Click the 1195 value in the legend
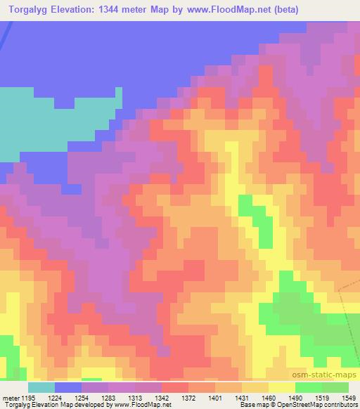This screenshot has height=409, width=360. [x=29, y=397]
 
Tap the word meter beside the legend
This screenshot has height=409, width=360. [x=10, y=397]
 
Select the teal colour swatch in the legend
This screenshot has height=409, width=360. [x=41, y=387]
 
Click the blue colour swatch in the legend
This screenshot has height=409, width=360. [x=68, y=387]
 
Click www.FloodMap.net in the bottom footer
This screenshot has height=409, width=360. [x=152, y=405]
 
